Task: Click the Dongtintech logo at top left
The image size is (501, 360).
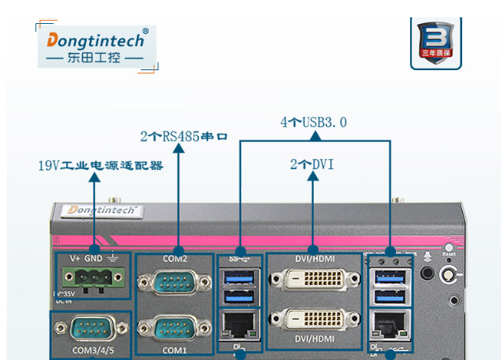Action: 97,46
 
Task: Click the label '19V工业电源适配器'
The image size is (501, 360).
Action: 101,165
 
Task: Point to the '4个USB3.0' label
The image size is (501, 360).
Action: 314,122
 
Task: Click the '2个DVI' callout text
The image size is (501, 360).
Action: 312,164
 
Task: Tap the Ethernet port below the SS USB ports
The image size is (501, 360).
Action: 240,324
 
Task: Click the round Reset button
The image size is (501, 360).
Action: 449,247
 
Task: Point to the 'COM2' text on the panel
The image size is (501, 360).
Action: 174,258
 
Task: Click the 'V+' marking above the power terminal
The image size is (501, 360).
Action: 74,258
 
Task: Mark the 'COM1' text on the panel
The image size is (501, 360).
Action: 174,351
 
